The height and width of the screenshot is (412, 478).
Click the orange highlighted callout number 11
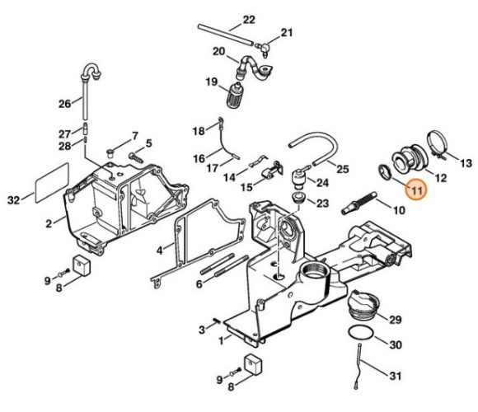(x=417, y=190)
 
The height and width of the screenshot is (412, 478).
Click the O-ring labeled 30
(x=359, y=333)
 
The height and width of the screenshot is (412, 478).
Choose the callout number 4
(x=161, y=248)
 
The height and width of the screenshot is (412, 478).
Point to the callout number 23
(x=322, y=203)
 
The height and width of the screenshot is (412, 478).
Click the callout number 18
(x=198, y=131)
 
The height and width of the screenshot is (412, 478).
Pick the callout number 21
(x=286, y=33)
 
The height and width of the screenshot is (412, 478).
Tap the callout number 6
(x=199, y=284)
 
